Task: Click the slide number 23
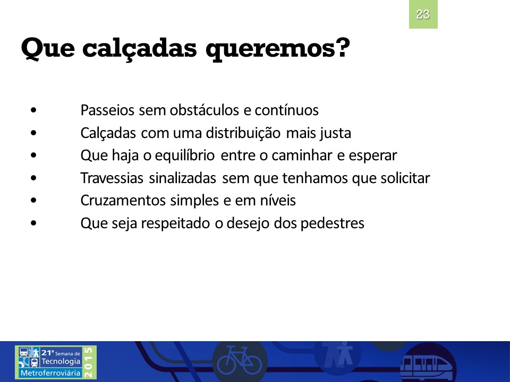423,14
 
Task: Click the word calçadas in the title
140,49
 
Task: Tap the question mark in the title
342,47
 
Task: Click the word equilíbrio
184,155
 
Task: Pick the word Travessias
112,178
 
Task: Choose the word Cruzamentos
123,201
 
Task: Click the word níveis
278,201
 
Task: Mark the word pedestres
332,223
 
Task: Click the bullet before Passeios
33,110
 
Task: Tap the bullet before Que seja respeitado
33,223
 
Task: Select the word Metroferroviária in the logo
50,373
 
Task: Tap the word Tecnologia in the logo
61,361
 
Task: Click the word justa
335,133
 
